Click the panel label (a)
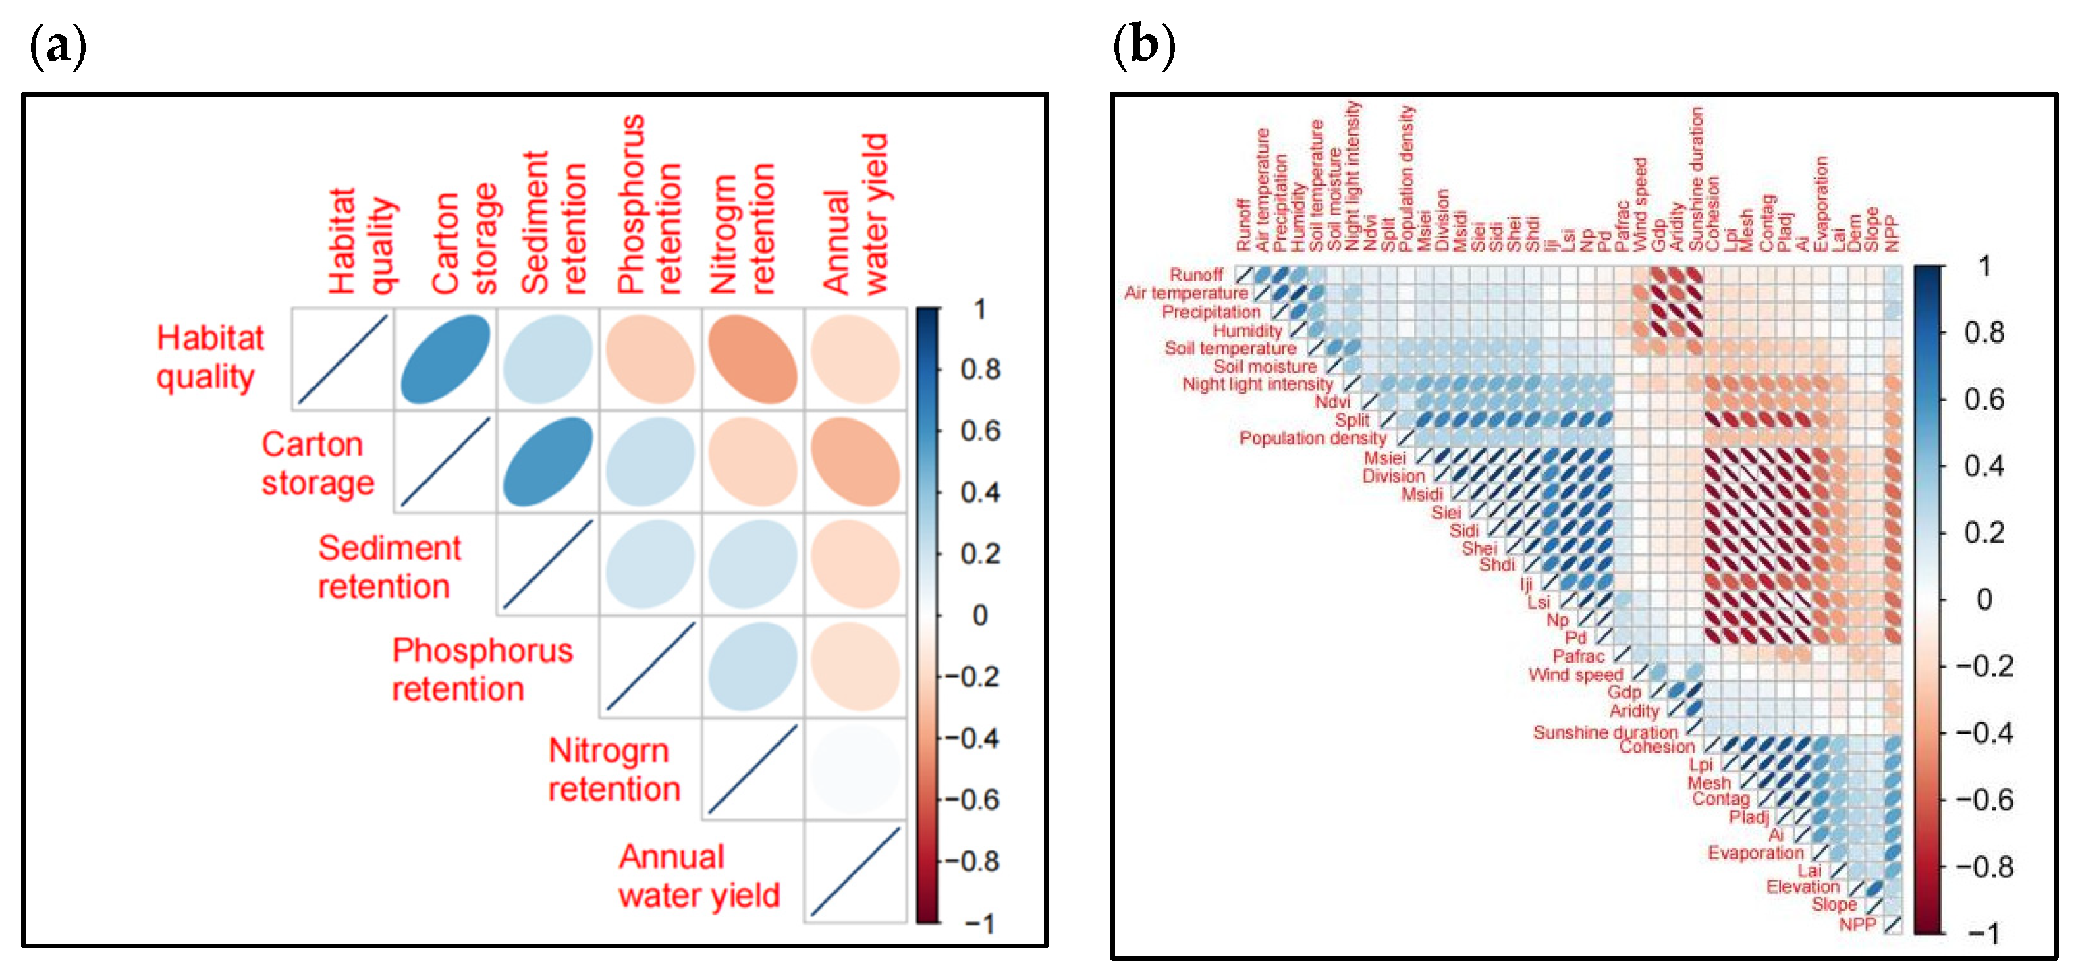click(x=57, y=47)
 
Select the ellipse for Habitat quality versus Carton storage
click(x=445, y=359)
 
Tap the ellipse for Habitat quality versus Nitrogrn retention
click(x=753, y=359)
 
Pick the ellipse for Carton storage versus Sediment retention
click(x=547, y=462)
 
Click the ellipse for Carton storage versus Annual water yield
click(x=855, y=462)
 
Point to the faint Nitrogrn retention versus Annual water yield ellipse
click(x=855, y=769)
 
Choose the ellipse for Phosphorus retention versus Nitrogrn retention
click(x=753, y=667)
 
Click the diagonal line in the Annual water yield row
click(x=855, y=871)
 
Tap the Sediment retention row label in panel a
click(x=389, y=567)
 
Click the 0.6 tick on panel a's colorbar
click(x=980, y=431)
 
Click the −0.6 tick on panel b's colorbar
click(x=1985, y=801)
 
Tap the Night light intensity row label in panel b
click(x=1257, y=384)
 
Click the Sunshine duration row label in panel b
click(x=1605, y=732)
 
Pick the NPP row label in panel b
click(x=1857, y=925)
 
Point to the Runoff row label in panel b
click(x=1196, y=275)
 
